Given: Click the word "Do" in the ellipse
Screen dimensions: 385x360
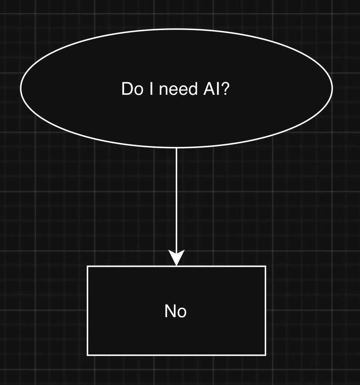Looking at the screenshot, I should tap(131, 89).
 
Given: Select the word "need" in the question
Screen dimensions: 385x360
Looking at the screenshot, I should tap(177, 89).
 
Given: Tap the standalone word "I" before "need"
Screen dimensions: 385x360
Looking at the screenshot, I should tap(149, 89).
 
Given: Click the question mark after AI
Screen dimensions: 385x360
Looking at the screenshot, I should tap(226, 89).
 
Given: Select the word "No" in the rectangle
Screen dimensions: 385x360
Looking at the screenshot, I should tap(176, 311).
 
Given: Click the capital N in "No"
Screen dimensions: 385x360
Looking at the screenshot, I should tap(170, 311).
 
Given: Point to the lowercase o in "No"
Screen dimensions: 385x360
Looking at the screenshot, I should tap(182, 312).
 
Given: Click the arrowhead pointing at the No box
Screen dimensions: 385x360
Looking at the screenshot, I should tap(176, 258).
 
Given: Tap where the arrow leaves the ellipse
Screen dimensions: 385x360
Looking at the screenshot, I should tap(176, 148).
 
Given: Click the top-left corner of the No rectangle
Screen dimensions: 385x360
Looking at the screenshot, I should tap(87, 266).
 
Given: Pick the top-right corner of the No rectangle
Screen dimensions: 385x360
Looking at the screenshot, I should tap(266, 266).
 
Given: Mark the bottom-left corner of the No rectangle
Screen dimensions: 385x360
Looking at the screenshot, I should tap(87, 355).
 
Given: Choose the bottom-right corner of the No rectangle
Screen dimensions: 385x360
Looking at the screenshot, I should tap(266, 355).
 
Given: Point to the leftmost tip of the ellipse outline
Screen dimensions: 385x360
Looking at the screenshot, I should tap(21, 88).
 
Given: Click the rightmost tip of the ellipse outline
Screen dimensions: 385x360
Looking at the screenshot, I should tap(333, 88).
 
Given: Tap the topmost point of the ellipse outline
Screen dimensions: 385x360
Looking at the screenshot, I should tap(177, 29).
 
